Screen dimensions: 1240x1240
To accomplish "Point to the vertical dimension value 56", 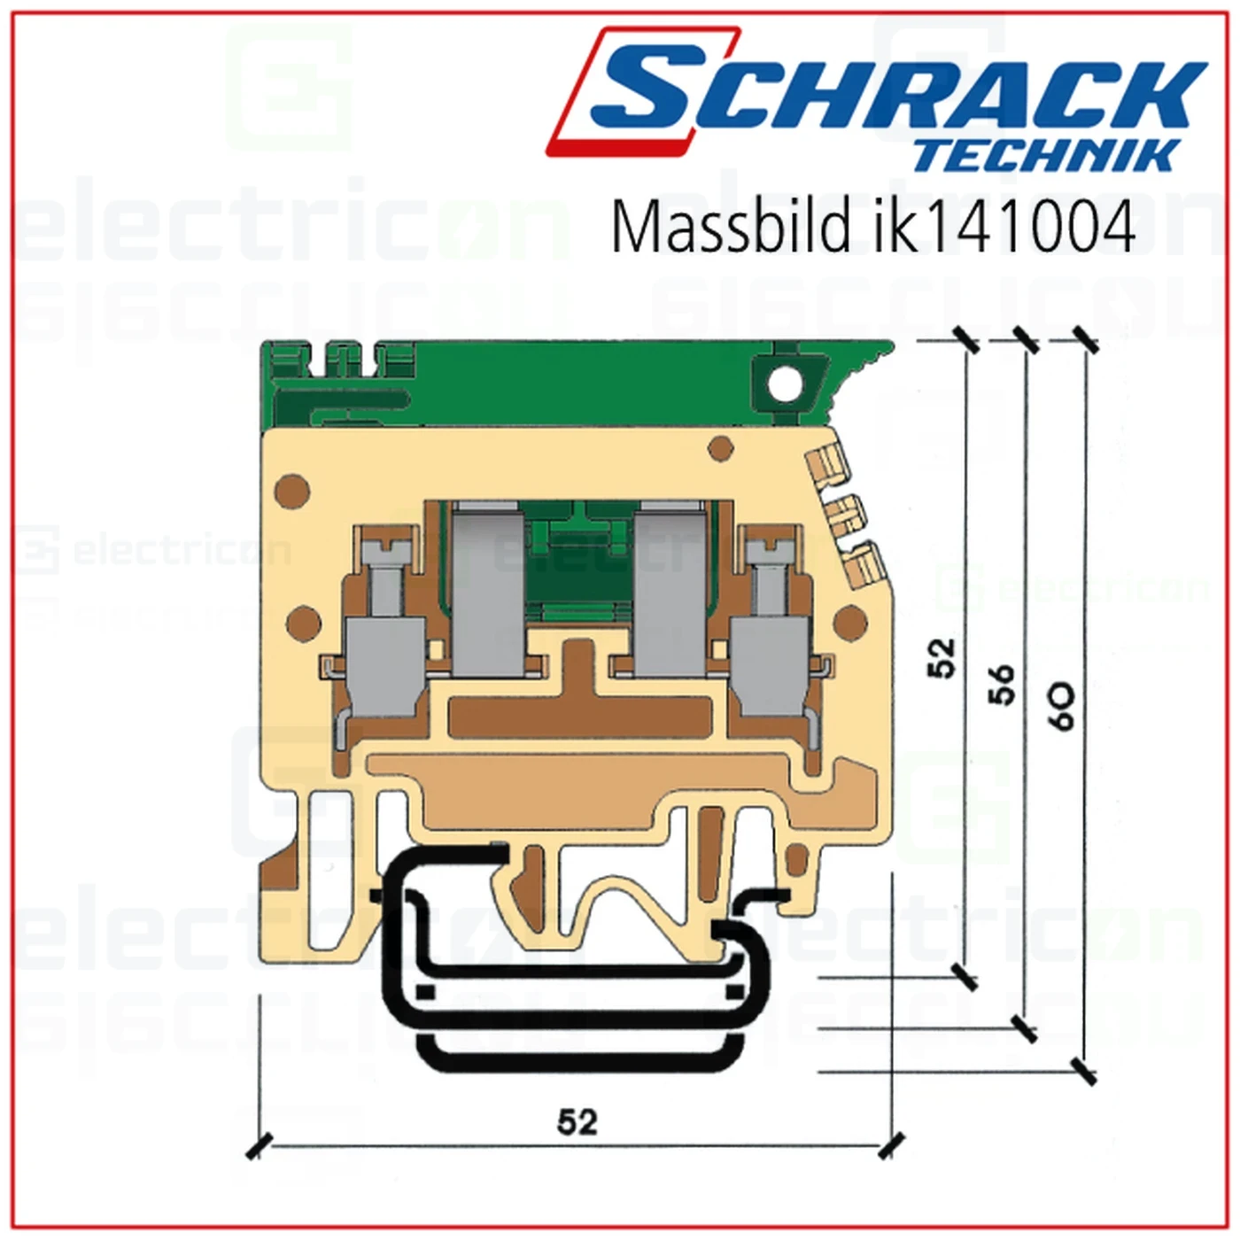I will [x=1001, y=684].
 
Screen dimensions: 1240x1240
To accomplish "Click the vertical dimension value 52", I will [x=942, y=657].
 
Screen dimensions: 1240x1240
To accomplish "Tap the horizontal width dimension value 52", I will [x=577, y=1122].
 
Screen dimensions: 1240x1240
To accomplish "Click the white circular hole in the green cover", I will [x=784, y=385].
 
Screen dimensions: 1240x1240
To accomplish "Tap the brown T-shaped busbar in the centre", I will [x=580, y=700].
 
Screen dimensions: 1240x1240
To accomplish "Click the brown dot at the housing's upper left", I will [x=291, y=491].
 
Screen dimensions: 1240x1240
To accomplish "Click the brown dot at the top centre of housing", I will [x=721, y=447].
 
